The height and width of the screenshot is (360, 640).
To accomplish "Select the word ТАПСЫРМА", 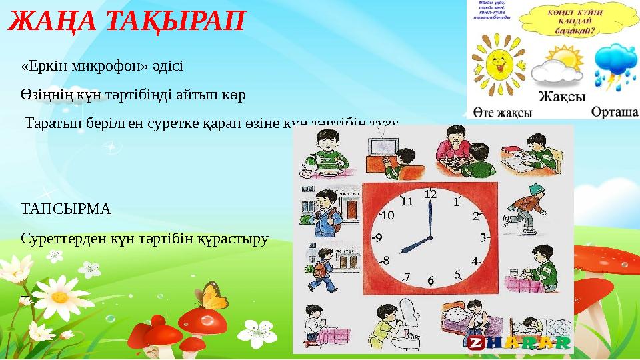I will point(66,209).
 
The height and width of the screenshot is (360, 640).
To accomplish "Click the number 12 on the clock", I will point(430,194).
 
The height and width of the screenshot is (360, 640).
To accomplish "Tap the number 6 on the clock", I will point(431,281).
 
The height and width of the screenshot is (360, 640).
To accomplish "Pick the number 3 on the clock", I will point(484,237).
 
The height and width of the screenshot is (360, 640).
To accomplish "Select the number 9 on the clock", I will point(377,237).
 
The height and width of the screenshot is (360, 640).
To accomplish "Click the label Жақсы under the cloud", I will point(561,96).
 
